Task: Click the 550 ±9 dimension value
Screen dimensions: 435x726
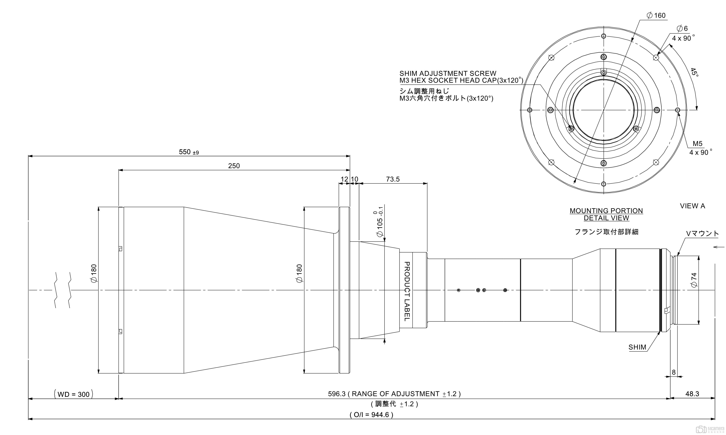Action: (189, 152)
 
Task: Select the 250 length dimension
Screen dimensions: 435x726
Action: (234, 166)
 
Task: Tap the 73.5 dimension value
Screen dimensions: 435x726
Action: (393, 179)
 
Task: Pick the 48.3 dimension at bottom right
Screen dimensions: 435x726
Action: (692, 394)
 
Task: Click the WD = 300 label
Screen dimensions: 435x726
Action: (73, 394)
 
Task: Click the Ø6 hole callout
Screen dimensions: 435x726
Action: (682, 28)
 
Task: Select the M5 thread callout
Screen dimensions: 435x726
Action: (698, 144)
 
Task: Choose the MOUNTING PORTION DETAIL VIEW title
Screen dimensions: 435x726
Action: (606, 214)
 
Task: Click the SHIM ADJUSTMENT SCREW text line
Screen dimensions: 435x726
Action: (448, 73)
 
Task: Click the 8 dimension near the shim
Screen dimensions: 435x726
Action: (674, 372)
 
